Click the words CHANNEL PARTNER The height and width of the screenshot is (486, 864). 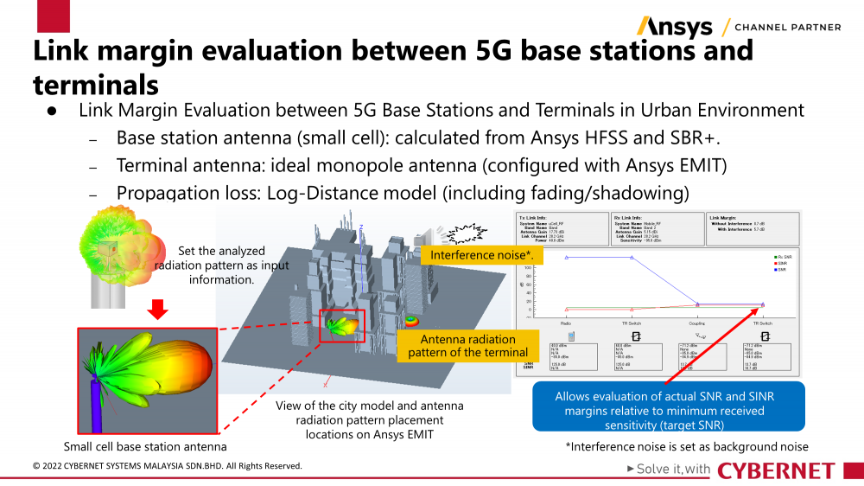(x=787, y=27)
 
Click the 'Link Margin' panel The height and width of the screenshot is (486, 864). (x=749, y=223)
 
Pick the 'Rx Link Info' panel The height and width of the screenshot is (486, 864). (x=652, y=229)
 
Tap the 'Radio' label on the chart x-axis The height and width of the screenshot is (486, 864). (x=565, y=323)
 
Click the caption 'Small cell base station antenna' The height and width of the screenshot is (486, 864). (x=145, y=447)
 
